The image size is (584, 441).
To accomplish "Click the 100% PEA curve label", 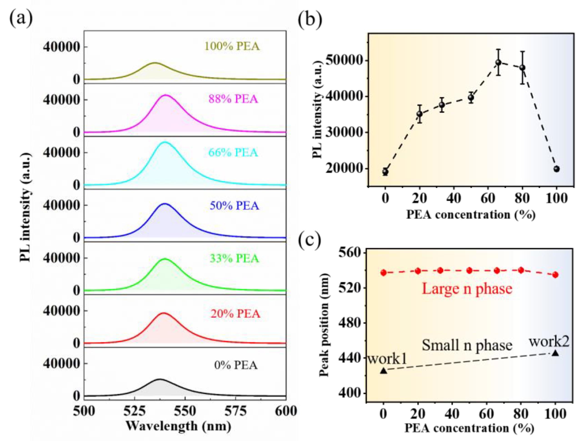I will [232, 46].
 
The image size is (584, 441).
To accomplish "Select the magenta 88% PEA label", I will [233, 99].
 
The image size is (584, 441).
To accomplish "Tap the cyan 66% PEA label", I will [233, 152].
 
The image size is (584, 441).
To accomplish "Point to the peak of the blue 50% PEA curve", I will [165, 204].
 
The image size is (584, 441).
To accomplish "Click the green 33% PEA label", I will [234, 258].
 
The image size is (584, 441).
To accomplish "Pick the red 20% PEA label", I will [235, 314].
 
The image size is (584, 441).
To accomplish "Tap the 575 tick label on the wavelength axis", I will [235, 411].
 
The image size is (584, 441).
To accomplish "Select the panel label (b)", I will [310, 20].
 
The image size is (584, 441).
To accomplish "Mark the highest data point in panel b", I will [498, 63].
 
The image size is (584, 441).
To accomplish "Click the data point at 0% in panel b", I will [385, 172].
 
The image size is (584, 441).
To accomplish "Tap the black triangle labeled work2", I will [555, 353].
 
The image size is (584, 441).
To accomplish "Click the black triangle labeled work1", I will [384, 371].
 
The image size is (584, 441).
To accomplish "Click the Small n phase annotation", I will [467, 345].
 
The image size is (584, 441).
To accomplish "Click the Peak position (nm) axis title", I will [324, 325].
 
